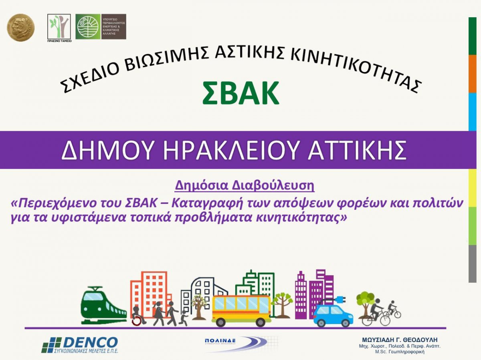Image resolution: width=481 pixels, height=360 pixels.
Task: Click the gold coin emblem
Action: (x=21, y=27)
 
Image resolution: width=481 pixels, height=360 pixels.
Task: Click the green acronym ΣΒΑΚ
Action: (x=240, y=93)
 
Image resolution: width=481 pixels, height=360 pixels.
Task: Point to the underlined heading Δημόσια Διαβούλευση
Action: (x=245, y=186)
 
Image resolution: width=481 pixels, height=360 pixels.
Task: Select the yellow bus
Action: (x=241, y=310)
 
